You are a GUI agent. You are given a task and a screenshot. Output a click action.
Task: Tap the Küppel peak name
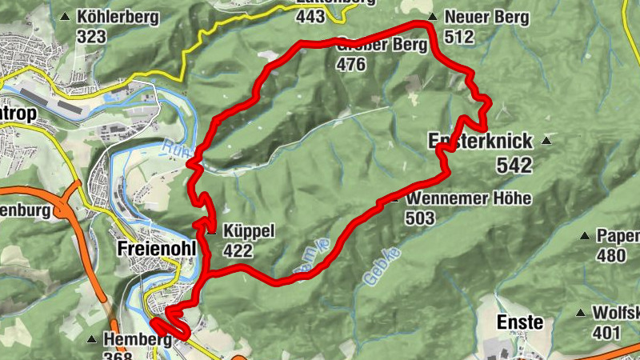(250, 231)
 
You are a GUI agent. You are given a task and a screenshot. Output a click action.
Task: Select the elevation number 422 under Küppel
(238, 251)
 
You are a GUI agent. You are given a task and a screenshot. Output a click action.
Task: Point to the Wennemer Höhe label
(468, 198)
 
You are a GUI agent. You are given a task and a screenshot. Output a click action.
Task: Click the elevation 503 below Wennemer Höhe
(420, 218)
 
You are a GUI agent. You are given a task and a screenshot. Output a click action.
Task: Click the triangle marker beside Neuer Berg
(432, 16)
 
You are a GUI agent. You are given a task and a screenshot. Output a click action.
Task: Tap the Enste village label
(521, 323)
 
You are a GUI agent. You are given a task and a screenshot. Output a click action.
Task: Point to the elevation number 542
(514, 165)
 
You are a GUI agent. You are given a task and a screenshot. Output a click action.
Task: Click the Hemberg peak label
(137, 340)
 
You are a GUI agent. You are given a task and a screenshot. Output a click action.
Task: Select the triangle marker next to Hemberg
(92, 339)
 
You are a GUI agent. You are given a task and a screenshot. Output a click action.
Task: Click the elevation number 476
(351, 65)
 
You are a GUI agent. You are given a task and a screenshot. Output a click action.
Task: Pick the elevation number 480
(611, 256)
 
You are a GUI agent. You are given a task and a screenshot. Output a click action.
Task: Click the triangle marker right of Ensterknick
(546, 142)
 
